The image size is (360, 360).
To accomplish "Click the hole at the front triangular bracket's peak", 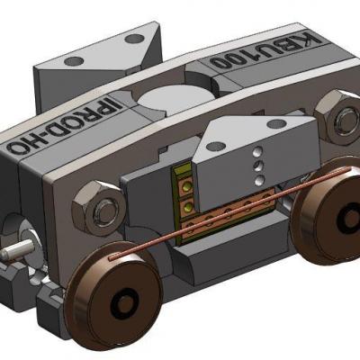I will click(x=217, y=140).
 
